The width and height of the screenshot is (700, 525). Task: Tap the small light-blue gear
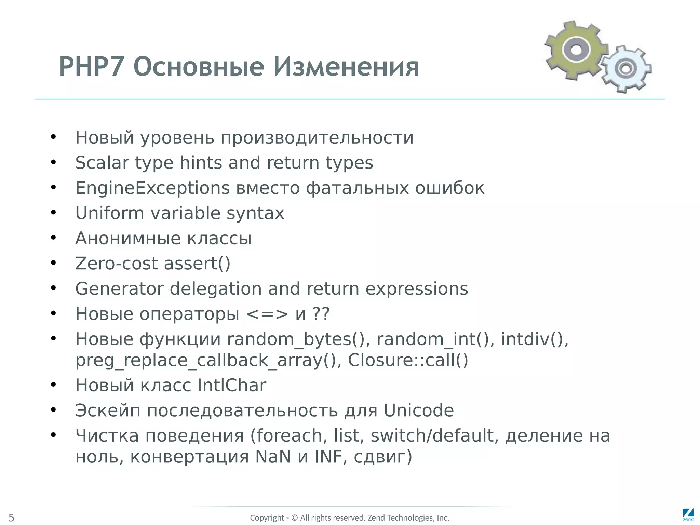coord(626,69)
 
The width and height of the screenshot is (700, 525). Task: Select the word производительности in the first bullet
coord(317,137)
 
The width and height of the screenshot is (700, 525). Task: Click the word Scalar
coord(102,163)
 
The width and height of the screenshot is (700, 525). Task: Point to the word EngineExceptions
coord(152,188)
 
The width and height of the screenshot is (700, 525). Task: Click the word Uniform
coord(109,213)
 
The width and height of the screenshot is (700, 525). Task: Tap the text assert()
coord(197,264)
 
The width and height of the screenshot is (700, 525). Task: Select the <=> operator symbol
coord(267,314)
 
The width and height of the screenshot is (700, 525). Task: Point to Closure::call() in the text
coord(407,360)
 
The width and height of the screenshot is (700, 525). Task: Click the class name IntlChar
coord(231,385)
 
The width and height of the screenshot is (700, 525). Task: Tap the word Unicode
coord(418,410)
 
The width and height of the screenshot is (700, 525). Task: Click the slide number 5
coord(11,517)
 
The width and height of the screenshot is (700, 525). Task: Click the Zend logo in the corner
coord(688,514)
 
